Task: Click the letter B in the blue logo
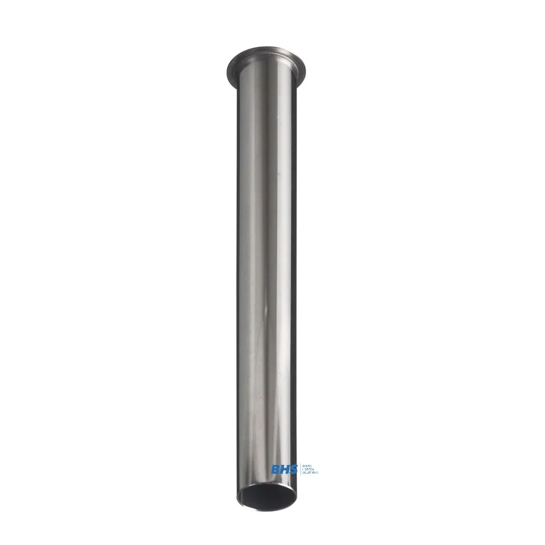275,469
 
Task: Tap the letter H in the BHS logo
285,469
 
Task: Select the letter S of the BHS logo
294,469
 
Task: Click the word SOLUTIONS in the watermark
310,473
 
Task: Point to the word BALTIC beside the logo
307,465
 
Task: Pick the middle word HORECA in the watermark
308,469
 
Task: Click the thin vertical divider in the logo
301,469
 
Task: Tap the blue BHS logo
285,469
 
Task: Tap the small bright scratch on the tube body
265,311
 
